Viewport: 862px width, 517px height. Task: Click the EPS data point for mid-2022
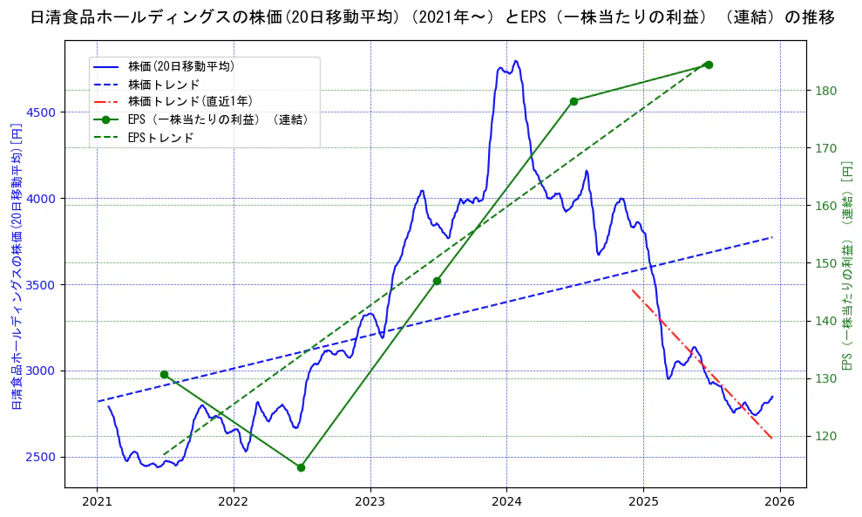point(301,467)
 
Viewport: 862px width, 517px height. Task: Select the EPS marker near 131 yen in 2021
point(164,374)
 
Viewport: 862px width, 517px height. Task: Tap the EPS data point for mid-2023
point(437,281)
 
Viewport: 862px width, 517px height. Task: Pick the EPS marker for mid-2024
point(574,101)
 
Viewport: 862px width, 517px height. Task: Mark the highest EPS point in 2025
point(709,65)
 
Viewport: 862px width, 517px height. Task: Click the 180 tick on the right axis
point(827,91)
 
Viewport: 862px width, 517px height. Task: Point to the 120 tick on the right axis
point(827,436)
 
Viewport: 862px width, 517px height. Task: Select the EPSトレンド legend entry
point(160,138)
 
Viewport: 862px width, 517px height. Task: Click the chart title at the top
point(431,17)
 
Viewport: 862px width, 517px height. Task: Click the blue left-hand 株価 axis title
point(15,267)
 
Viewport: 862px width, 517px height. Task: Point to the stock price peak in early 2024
point(516,61)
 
